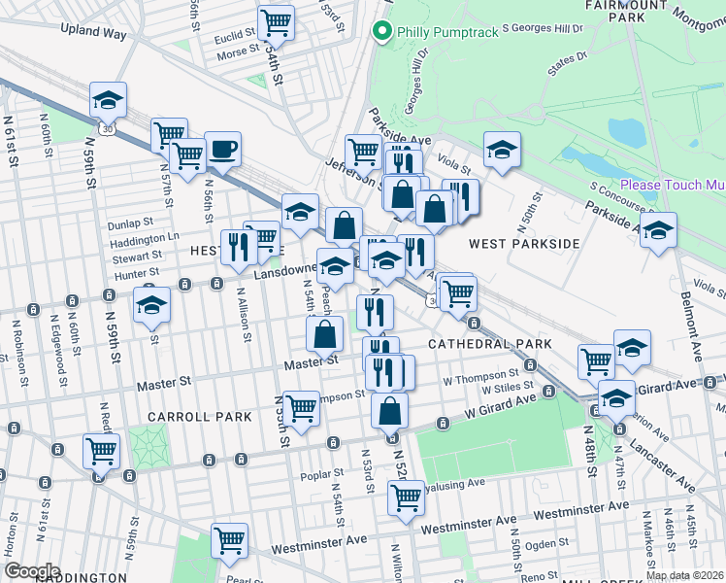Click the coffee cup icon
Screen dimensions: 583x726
point(222,150)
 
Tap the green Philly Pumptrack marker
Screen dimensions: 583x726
point(382,32)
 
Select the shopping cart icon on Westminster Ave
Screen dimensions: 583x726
point(229,540)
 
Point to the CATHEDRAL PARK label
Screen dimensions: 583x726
point(490,344)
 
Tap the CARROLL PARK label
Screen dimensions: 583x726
point(200,416)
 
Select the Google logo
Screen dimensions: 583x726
point(31,570)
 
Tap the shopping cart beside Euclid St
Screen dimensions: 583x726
point(277,22)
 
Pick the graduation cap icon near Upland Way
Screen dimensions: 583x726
point(109,98)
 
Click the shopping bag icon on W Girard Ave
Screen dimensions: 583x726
point(389,410)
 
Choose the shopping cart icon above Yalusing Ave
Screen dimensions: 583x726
point(407,499)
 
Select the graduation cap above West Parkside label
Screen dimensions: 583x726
point(502,150)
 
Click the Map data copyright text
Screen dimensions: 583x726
point(684,575)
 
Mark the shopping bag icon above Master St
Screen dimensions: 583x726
point(324,334)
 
